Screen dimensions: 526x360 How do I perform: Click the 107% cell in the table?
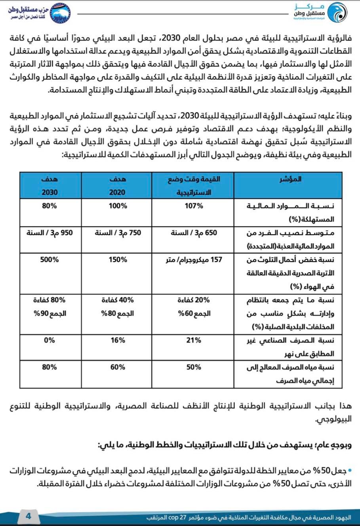(194, 206)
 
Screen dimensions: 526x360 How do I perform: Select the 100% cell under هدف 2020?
(118, 206)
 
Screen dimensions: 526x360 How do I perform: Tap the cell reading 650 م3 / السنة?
(194, 233)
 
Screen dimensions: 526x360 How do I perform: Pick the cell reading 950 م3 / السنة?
(50, 233)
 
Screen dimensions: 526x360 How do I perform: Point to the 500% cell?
(50, 260)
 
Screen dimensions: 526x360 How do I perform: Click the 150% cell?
(118, 260)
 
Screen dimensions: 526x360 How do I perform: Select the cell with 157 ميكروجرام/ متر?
(194, 260)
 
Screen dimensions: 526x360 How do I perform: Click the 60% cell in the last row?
(118, 367)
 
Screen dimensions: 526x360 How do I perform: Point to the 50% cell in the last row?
(194, 367)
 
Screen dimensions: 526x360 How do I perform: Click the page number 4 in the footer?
(28, 516)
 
